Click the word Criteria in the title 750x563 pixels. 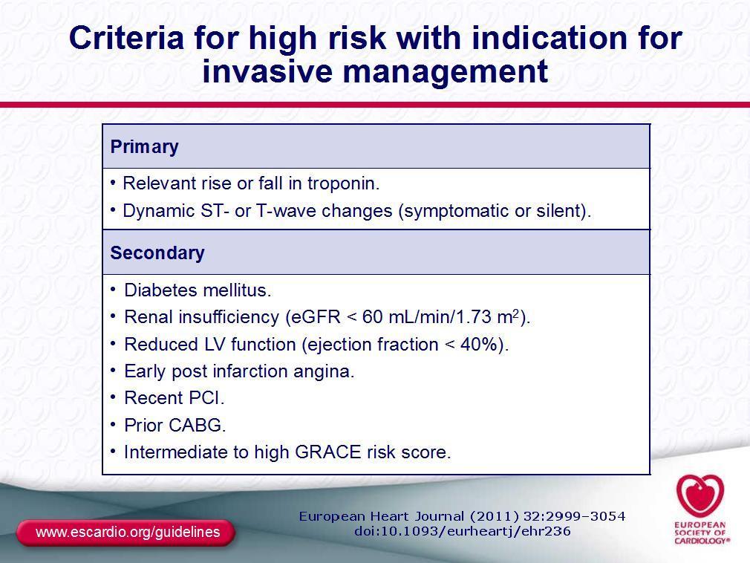coord(126,38)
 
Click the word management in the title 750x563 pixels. coord(445,72)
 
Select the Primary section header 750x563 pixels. coord(145,147)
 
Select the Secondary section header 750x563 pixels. coord(157,253)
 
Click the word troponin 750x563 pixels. coord(343,183)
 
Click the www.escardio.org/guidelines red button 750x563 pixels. coord(125,533)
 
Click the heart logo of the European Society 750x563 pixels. coord(700,495)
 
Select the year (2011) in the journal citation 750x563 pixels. coord(495,517)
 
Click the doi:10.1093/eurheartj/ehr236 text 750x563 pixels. coord(463,531)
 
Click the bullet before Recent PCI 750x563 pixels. coord(113,397)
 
